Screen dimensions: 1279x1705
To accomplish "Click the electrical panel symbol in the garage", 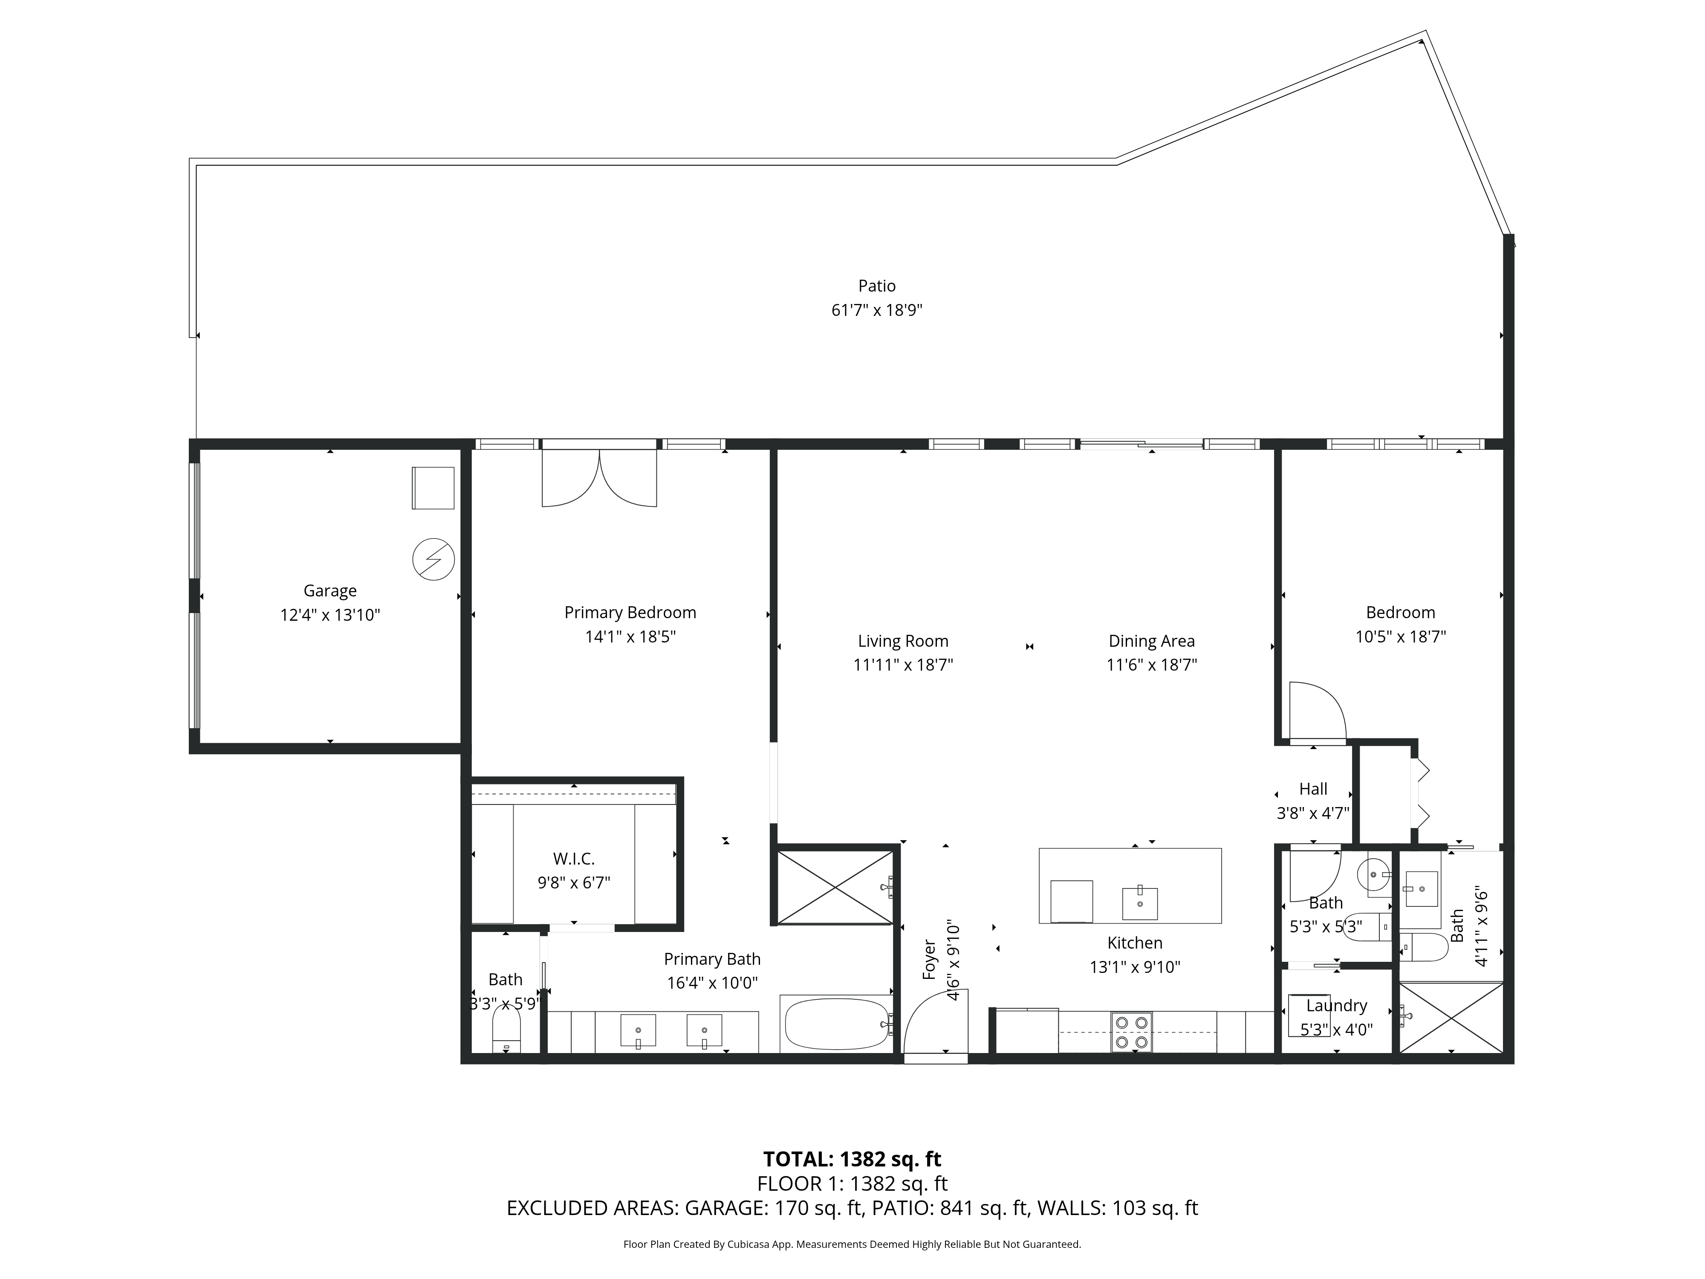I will click(x=433, y=560).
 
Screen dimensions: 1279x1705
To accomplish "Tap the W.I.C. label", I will click(x=573, y=859).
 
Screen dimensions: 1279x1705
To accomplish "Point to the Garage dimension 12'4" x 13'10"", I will click(x=330, y=615).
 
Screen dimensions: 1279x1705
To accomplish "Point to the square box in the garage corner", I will click(x=432, y=488).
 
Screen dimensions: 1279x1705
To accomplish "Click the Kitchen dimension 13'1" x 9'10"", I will click(x=1135, y=967).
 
